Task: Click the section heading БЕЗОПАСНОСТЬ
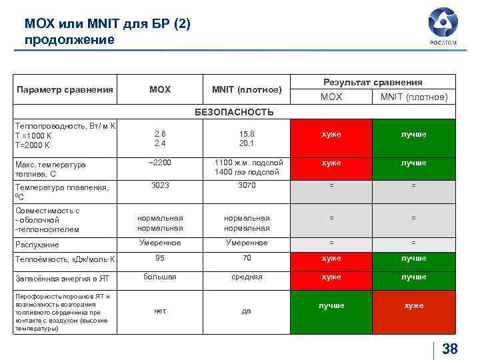coord(234,111)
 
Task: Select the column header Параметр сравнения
coord(65,89)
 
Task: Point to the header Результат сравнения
coord(373,82)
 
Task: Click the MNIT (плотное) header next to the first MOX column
coord(247,89)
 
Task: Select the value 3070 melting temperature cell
coord(247,185)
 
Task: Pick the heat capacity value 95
coord(159,257)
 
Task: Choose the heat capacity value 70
coord(247,257)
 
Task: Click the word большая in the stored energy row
coord(159,277)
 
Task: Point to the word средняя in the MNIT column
coord(247,277)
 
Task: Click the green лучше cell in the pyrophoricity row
coord(331,305)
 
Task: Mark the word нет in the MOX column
coord(159,310)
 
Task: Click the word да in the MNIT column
coord(247,310)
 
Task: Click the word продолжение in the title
coord(69,39)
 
